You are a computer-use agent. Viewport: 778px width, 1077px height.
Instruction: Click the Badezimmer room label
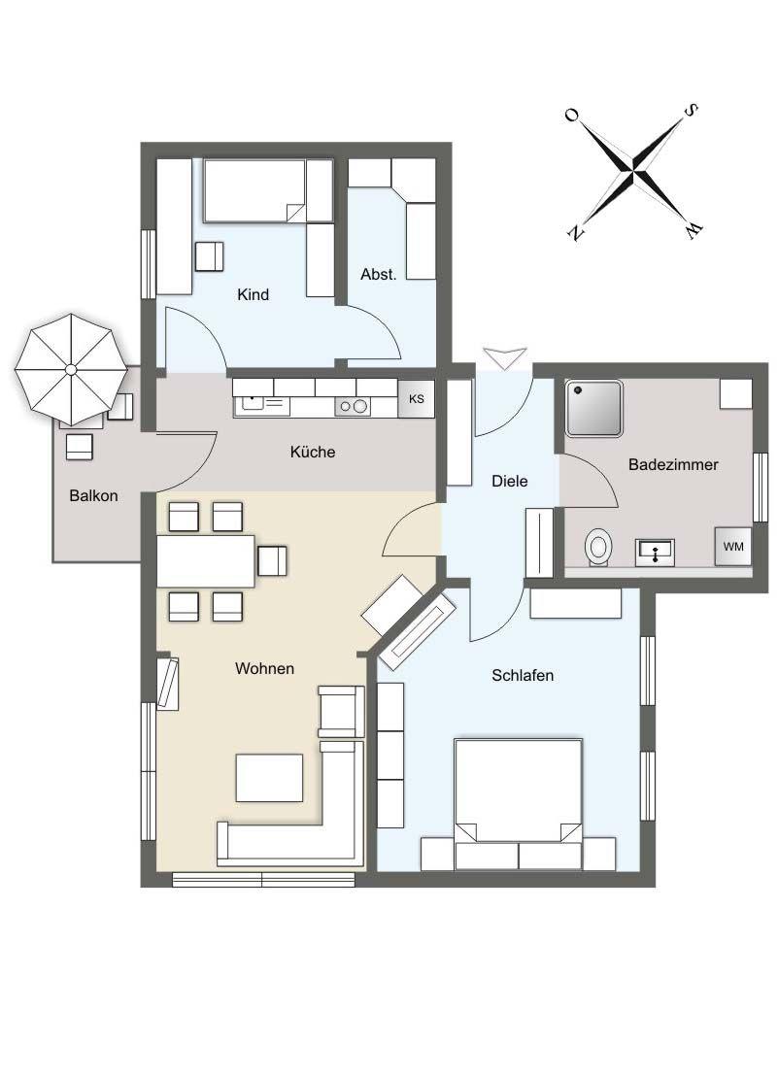tap(673, 464)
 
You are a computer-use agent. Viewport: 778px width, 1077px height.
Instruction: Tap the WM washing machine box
tap(733, 546)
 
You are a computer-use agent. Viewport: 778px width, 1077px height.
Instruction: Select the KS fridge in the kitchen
tap(416, 398)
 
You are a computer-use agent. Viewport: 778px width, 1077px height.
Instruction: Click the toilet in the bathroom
tap(598, 548)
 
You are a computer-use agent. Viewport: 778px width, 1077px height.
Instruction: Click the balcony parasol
tap(72, 370)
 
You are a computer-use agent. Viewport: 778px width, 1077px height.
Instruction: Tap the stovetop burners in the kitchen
tap(353, 406)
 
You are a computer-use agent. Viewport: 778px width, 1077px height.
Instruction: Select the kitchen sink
tap(261, 405)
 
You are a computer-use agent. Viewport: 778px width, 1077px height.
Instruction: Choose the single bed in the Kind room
tap(268, 190)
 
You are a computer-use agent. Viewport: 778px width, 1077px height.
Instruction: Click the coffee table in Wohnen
tap(269, 778)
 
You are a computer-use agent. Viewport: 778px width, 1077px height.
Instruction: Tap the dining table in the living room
tap(206, 560)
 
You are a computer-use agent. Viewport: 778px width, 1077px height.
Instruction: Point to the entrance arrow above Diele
tap(505, 357)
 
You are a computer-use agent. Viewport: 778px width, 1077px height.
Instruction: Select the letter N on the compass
tap(575, 233)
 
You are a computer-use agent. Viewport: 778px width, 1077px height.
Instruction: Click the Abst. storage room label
tap(379, 274)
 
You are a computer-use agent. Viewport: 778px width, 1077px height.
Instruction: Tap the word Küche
tap(313, 452)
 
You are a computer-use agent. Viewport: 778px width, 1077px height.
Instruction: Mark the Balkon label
tap(93, 495)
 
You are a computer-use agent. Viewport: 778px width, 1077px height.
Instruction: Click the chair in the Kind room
tap(210, 257)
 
